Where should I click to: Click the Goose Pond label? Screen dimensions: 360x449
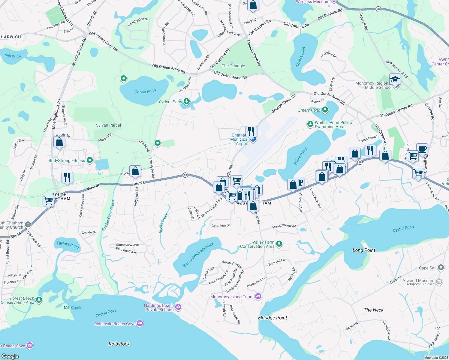click(x=145, y=91)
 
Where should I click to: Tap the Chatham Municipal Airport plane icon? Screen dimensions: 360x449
click(x=253, y=139)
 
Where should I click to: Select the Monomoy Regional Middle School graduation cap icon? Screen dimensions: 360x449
click(x=395, y=80)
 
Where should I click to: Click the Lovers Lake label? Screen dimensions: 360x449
click(x=300, y=56)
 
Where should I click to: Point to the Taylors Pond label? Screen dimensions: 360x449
click(x=68, y=245)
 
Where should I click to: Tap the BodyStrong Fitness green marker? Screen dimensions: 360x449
click(x=89, y=160)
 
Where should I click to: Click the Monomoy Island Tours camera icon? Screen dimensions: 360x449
click(x=258, y=296)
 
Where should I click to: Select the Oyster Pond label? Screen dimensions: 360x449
click(x=403, y=229)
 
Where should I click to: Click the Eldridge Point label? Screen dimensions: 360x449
click(x=273, y=318)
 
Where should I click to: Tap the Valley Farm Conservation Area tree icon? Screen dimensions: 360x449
click(x=279, y=244)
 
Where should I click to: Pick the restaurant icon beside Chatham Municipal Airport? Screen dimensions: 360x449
click(x=251, y=131)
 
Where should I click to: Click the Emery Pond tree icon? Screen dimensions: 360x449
click(x=325, y=110)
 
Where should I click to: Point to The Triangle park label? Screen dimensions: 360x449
click(x=233, y=66)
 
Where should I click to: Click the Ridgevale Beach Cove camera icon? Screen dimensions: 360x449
click(x=140, y=323)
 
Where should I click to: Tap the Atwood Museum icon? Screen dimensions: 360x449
click(x=439, y=281)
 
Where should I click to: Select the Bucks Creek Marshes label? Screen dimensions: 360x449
click(x=198, y=254)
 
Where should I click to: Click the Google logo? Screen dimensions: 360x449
click(x=10, y=356)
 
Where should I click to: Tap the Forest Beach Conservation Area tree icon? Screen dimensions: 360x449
click(x=39, y=300)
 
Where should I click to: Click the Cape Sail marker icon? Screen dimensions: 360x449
click(x=441, y=267)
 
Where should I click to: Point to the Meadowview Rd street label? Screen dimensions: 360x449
click(x=284, y=227)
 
